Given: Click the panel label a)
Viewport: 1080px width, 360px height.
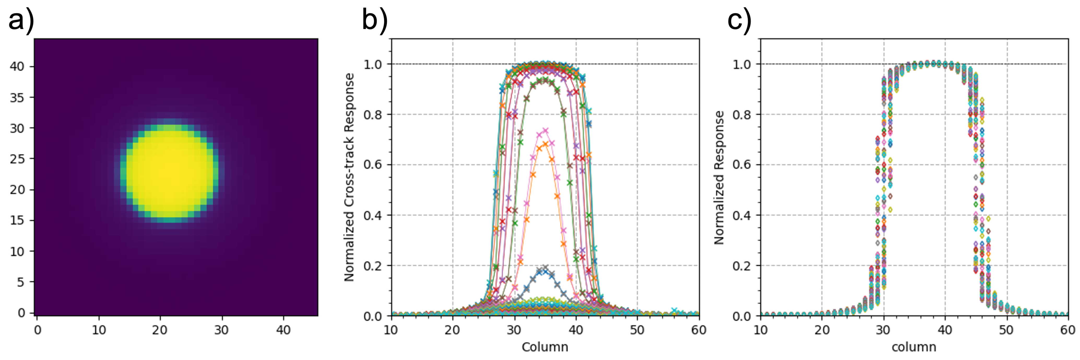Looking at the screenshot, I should pos(21,20).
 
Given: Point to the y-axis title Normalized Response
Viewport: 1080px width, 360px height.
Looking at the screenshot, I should pos(719,177).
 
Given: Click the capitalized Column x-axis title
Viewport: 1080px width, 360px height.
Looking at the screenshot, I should pos(545,347).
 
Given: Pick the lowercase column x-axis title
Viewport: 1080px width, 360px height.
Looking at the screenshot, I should pos(914,347).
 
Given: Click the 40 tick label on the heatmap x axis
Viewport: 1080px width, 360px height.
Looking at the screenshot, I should pos(284,330).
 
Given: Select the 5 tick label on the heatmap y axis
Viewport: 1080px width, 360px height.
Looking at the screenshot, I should pos(21,282).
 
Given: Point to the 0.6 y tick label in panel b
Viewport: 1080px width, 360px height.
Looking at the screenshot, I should pos(373,165).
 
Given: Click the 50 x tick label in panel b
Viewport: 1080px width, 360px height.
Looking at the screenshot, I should pos(637,330).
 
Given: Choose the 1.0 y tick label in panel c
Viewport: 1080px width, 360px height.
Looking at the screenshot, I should pos(742,64).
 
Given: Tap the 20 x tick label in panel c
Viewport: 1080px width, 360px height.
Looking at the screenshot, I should pos(822,330).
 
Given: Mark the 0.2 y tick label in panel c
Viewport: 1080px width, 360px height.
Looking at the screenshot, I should pos(742,266).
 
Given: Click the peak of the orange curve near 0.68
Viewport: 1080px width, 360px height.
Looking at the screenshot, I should pos(545,144).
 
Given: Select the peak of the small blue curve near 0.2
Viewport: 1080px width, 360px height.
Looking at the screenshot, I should pos(545,267).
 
